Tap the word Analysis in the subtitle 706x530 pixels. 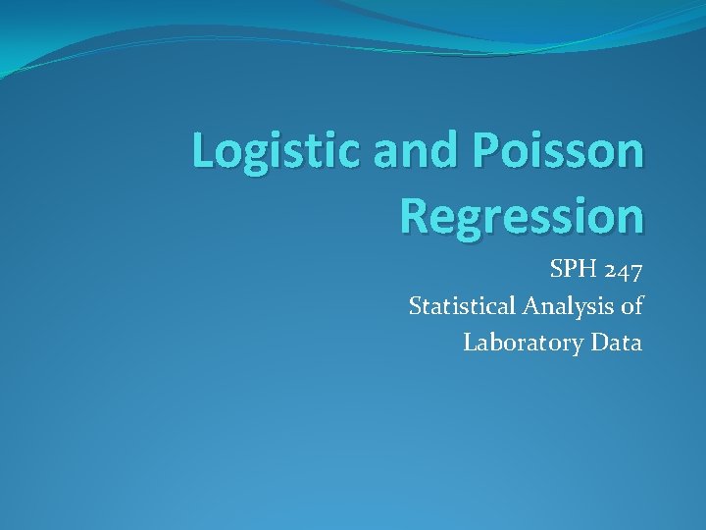pyautogui.click(x=566, y=306)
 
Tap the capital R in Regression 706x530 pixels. pyautogui.click(x=415, y=217)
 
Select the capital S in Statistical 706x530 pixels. pyautogui.click(x=415, y=306)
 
